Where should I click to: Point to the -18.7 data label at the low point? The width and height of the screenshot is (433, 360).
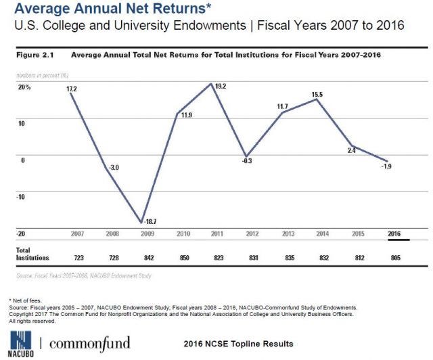[151, 221]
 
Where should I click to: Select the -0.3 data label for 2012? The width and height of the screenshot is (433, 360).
[248, 161]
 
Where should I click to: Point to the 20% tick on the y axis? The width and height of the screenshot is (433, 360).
[24, 87]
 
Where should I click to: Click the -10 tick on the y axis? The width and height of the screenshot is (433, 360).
[24, 197]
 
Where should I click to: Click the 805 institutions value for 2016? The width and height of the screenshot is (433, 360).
[394, 258]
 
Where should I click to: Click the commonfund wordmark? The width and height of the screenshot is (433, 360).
[89, 342]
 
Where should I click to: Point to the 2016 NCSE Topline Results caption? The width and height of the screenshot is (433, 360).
[238, 344]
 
